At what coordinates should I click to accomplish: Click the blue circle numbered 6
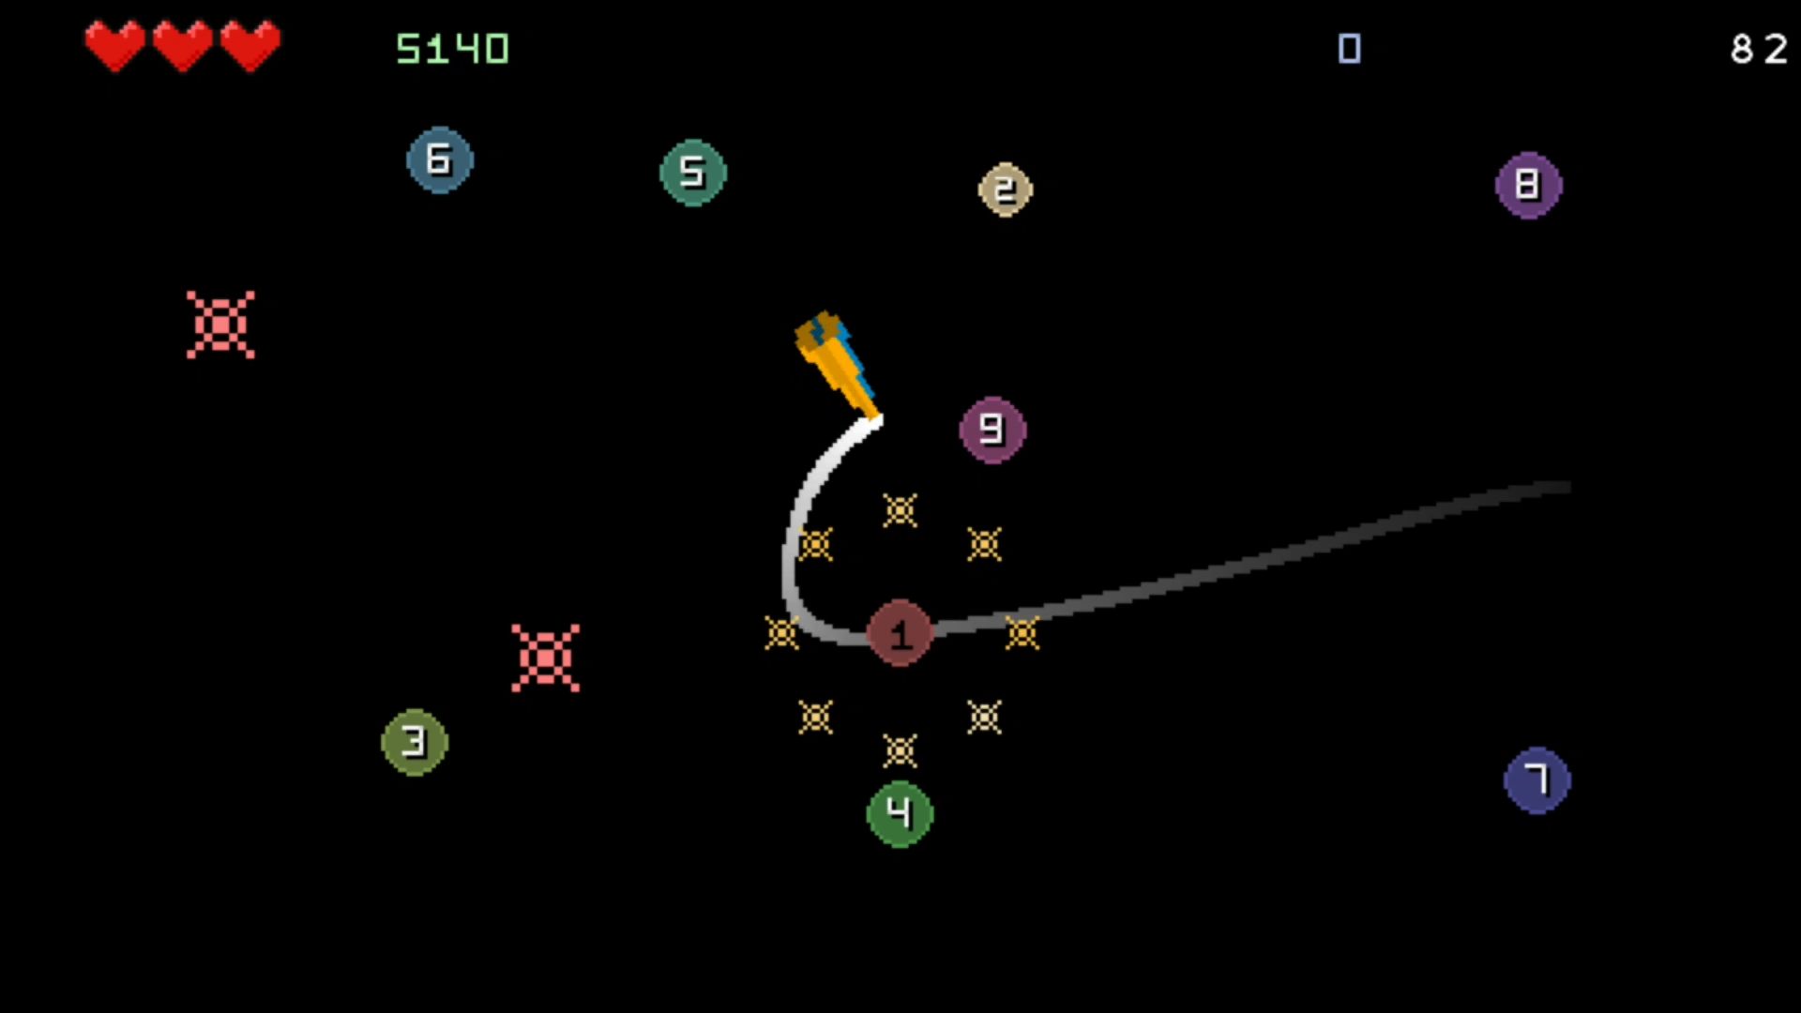click(440, 160)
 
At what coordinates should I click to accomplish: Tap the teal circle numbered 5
click(693, 173)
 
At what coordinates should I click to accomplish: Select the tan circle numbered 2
click(1006, 190)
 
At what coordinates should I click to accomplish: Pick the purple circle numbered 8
click(1529, 186)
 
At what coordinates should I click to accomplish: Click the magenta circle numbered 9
click(992, 431)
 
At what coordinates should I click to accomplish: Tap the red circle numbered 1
click(900, 634)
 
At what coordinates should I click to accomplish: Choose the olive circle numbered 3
click(415, 742)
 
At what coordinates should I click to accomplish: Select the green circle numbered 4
click(900, 814)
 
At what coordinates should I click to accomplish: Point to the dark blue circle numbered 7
click(1537, 780)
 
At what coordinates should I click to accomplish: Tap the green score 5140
click(452, 49)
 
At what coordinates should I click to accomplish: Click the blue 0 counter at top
click(1350, 49)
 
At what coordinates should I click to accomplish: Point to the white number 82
click(1760, 49)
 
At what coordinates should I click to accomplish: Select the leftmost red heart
click(115, 45)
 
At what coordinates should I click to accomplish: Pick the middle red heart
click(183, 45)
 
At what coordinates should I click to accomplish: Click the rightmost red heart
click(250, 45)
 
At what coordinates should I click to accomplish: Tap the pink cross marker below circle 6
click(220, 325)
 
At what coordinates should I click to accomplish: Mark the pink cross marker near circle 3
click(545, 658)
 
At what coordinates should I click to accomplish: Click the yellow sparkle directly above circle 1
click(900, 510)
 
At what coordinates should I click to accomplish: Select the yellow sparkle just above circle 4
click(900, 750)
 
